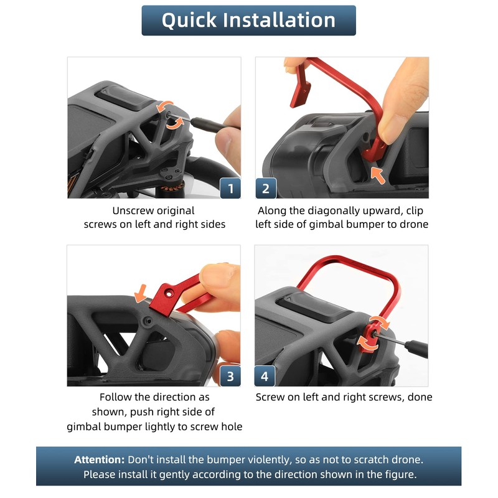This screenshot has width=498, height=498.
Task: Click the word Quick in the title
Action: pos(189,21)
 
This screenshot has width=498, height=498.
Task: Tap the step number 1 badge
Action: pos(230,189)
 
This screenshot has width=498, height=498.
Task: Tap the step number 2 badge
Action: pos(266,189)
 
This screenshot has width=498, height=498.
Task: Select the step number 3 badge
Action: pos(230,376)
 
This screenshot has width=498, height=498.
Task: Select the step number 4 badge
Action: pos(265,376)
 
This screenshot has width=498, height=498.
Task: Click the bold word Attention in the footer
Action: pos(100,459)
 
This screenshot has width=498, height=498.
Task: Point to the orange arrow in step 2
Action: pos(378,176)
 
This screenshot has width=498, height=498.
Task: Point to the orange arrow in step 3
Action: pos(141,293)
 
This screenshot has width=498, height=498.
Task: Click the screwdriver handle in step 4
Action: pos(416,348)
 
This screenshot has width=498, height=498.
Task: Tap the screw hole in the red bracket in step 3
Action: pos(169,294)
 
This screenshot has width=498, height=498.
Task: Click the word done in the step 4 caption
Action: pos(420,397)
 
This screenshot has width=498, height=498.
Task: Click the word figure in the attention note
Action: pos(400,475)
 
